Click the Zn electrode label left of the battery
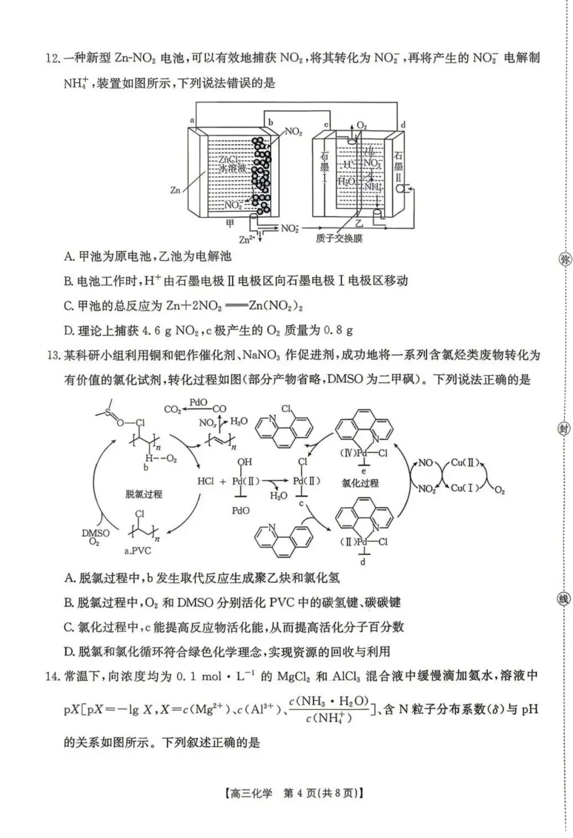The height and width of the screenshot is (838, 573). point(175,189)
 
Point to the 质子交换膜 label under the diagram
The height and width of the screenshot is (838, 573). point(338,239)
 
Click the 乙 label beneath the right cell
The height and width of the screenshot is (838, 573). point(359,223)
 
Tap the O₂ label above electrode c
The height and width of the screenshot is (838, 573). point(362,126)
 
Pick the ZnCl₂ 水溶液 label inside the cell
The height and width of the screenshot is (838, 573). point(232,164)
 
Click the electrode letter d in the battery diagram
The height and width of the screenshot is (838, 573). point(403,125)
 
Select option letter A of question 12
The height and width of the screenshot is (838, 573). point(68,257)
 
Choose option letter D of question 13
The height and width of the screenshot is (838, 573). point(68,651)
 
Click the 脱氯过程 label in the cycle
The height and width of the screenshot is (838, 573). point(144,494)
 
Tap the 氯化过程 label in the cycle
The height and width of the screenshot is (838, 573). point(360,483)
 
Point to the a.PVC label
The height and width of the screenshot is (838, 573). point(138,551)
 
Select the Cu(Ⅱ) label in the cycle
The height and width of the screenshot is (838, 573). point(465,462)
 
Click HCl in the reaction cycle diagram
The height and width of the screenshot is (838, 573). point(205,482)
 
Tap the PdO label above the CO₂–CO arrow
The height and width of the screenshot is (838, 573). point(198,403)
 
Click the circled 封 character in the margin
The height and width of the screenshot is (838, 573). point(563,429)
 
